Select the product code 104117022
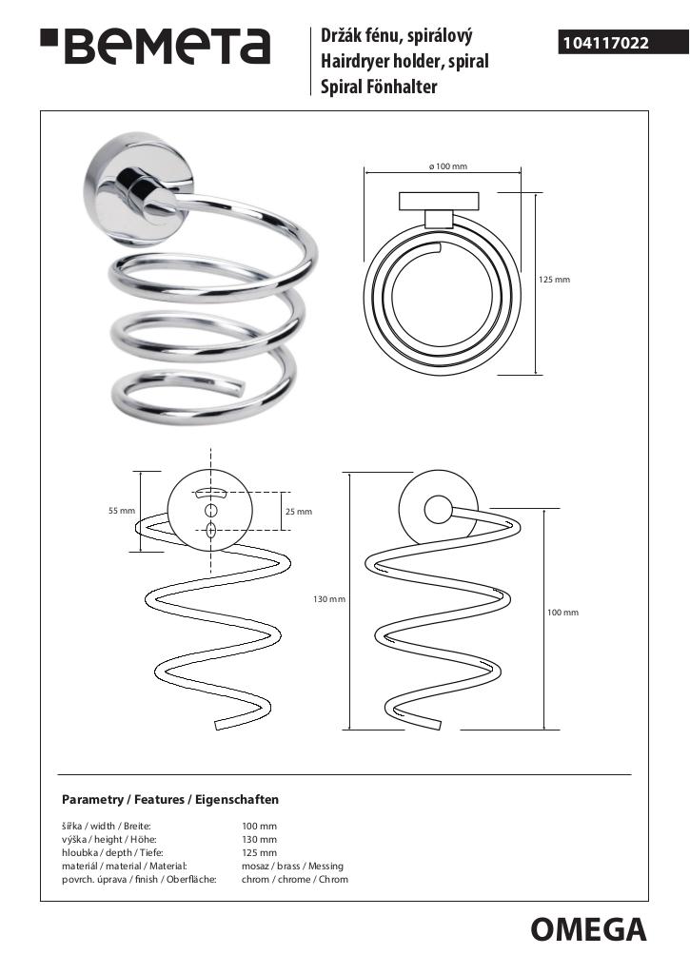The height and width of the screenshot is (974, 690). (605, 43)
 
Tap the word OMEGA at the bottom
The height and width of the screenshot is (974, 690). (588, 930)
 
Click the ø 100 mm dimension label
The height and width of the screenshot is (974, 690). (447, 166)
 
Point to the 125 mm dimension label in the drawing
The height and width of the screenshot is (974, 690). (554, 280)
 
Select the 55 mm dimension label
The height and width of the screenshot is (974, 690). (122, 511)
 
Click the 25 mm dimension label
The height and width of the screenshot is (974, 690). (299, 511)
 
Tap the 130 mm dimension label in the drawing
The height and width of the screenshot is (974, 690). (329, 599)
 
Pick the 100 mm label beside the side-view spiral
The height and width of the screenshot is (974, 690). (562, 613)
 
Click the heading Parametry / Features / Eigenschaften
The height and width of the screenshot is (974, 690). (169, 799)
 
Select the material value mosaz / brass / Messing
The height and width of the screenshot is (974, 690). (292, 866)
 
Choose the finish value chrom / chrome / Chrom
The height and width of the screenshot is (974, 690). (295, 879)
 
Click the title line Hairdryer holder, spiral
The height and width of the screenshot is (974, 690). (404, 61)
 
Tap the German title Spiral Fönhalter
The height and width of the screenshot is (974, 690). (379, 87)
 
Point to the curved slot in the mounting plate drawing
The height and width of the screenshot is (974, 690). (210, 494)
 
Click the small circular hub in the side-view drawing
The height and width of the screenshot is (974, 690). (439, 511)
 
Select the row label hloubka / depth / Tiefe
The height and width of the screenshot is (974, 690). (112, 853)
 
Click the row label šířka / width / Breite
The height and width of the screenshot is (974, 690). (107, 827)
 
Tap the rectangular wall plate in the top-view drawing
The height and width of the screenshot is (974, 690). (440, 202)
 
